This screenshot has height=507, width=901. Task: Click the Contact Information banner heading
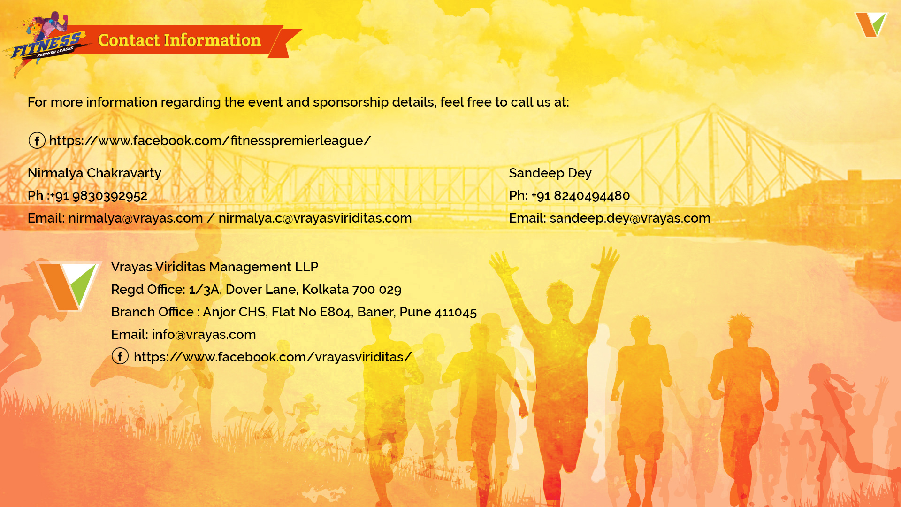[179, 40]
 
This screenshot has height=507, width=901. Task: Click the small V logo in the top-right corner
[871, 25]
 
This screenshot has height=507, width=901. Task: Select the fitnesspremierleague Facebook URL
[210, 140]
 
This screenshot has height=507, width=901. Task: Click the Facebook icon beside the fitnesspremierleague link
[37, 140]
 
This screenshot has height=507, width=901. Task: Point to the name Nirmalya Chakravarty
[94, 173]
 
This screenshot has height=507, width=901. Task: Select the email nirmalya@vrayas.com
[136, 218]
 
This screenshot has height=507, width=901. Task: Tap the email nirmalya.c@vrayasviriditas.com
[315, 218]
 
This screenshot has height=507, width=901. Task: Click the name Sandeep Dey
[550, 173]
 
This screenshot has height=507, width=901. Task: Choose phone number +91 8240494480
[580, 196]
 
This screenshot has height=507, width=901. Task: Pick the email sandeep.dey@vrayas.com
[630, 218]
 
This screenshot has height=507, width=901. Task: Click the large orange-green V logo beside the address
[69, 286]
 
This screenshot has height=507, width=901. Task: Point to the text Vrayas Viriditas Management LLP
[214, 267]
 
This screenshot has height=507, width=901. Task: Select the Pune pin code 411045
[456, 312]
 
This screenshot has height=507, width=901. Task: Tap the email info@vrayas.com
[204, 335]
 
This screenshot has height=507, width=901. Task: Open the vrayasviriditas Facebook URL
[273, 357]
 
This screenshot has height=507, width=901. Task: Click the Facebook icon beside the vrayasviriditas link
[120, 356]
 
